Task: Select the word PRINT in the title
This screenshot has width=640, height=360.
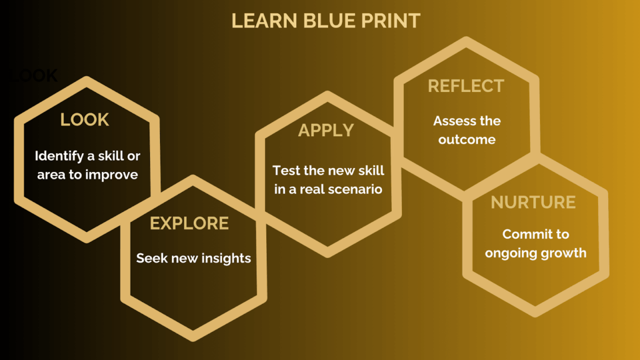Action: point(391,21)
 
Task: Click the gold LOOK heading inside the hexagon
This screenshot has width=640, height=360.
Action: point(84,119)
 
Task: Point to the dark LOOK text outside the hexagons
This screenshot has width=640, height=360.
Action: point(34,76)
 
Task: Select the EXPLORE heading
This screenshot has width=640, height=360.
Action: point(189,223)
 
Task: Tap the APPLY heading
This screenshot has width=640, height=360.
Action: point(326,131)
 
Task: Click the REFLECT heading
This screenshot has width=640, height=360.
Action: point(466,86)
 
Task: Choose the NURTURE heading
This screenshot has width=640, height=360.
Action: point(533,202)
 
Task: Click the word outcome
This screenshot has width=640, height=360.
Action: point(466,139)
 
